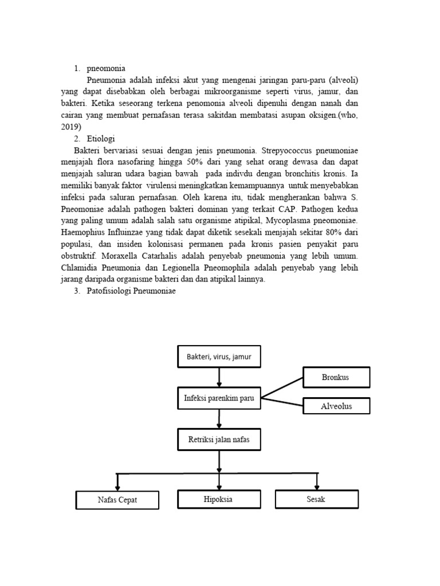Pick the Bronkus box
[336, 377]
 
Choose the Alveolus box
[336, 406]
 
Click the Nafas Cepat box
[117, 500]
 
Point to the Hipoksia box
[219, 499]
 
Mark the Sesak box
[316, 499]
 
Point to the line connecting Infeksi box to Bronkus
[282, 387]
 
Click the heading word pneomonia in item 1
[106, 68]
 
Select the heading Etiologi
[103, 138]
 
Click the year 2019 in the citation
[70, 126]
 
